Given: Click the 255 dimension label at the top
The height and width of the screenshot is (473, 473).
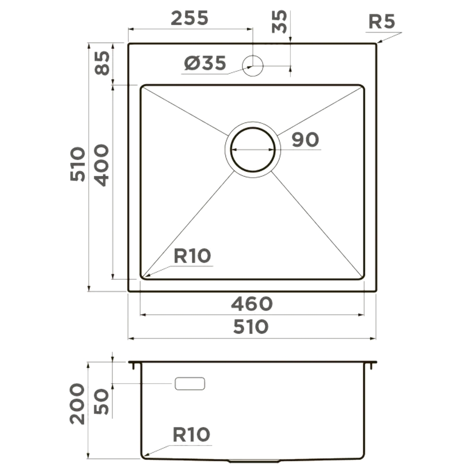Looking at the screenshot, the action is click(x=190, y=18).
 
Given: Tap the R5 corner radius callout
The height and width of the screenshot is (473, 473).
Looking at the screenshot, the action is click(x=382, y=22).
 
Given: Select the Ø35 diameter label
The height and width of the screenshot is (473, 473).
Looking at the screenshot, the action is click(x=205, y=63).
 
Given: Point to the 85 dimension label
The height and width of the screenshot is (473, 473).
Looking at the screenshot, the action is click(x=102, y=63).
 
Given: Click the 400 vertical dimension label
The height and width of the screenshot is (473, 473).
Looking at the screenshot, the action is click(x=101, y=165).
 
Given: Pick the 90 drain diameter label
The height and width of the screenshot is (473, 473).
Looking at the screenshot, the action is click(x=305, y=140).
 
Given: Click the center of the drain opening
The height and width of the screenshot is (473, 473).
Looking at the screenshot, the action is click(x=253, y=149).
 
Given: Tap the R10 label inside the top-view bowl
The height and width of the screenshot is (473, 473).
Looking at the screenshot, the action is click(x=192, y=256).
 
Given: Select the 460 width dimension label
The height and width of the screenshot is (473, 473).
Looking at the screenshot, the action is click(x=252, y=304).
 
